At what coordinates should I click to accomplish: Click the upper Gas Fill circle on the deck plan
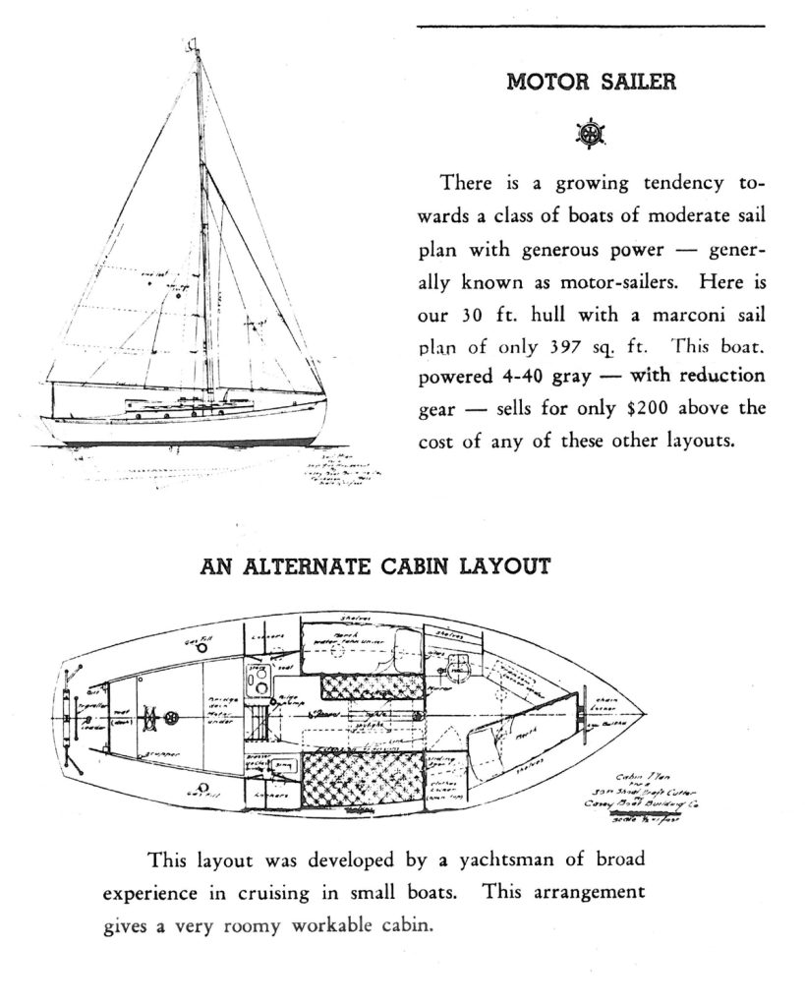pos(201,649)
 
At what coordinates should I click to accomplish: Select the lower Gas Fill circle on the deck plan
pos(202,787)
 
